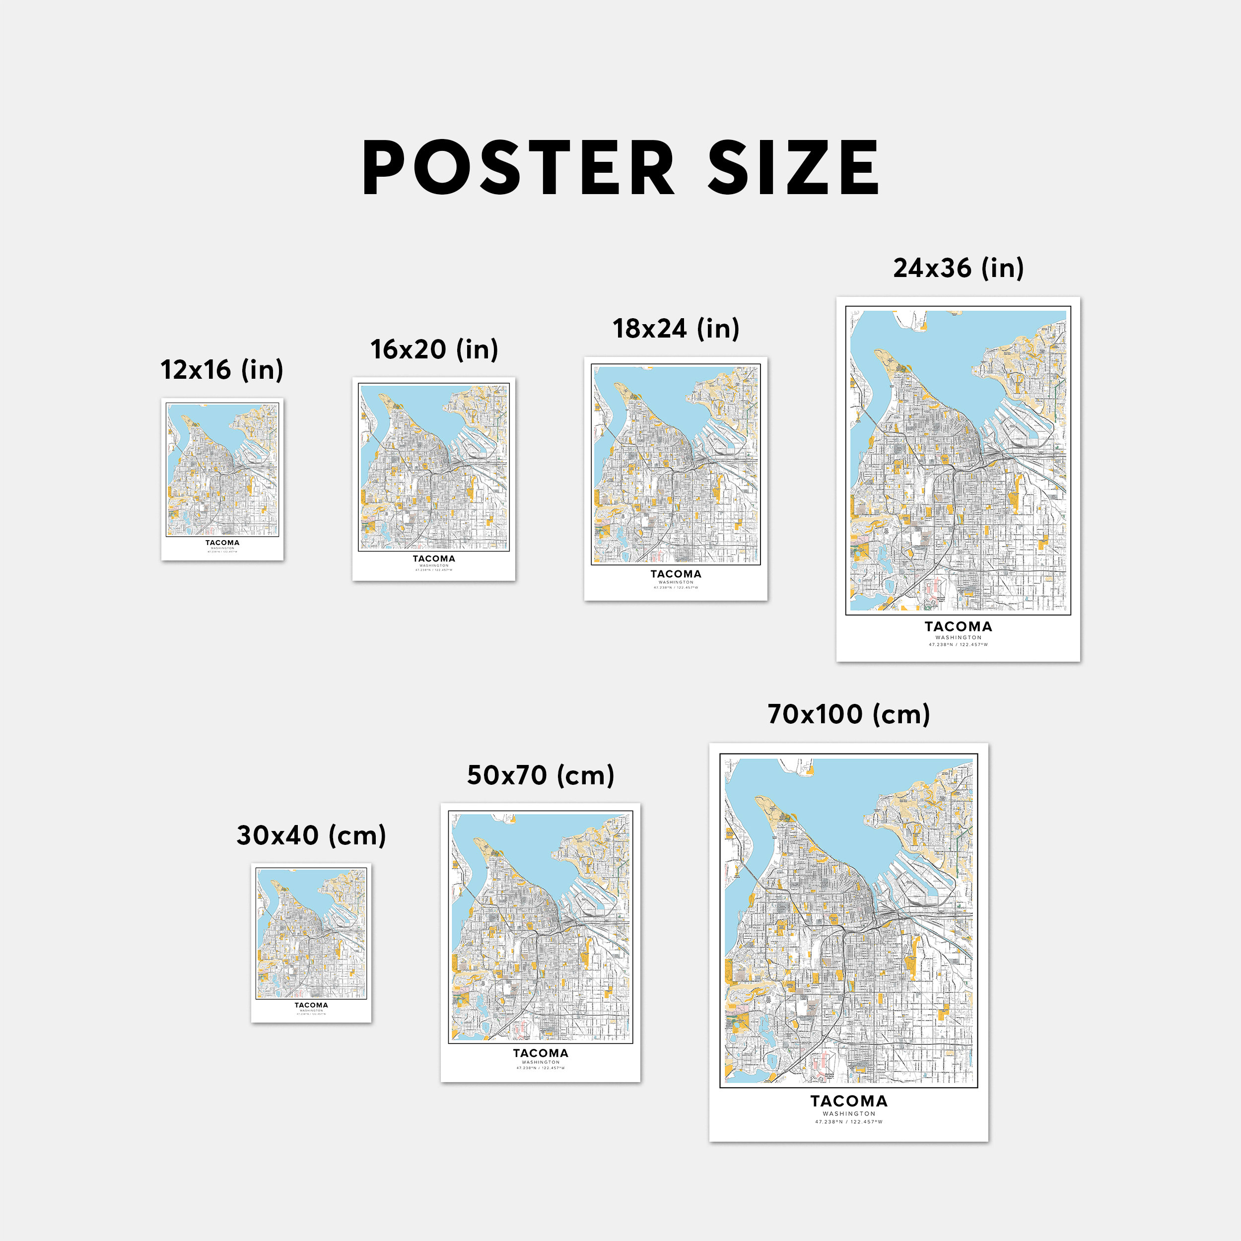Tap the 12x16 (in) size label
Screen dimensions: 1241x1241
(221, 370)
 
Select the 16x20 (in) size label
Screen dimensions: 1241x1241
(434, 350)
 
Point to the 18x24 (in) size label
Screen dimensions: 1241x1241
(676, 329)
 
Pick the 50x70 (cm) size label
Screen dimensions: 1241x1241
(540, 775)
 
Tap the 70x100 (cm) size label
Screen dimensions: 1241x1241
(848, 714)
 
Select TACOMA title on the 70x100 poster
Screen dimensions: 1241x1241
(848, 1102)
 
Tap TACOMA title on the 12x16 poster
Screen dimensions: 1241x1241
(222, 543)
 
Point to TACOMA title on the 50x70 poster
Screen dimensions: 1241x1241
(540, 1053)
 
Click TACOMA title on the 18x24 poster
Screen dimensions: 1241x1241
(676, 574)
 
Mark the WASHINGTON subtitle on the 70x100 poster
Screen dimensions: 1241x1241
(848, 1114)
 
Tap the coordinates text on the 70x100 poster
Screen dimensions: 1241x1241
(848, 1122)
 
